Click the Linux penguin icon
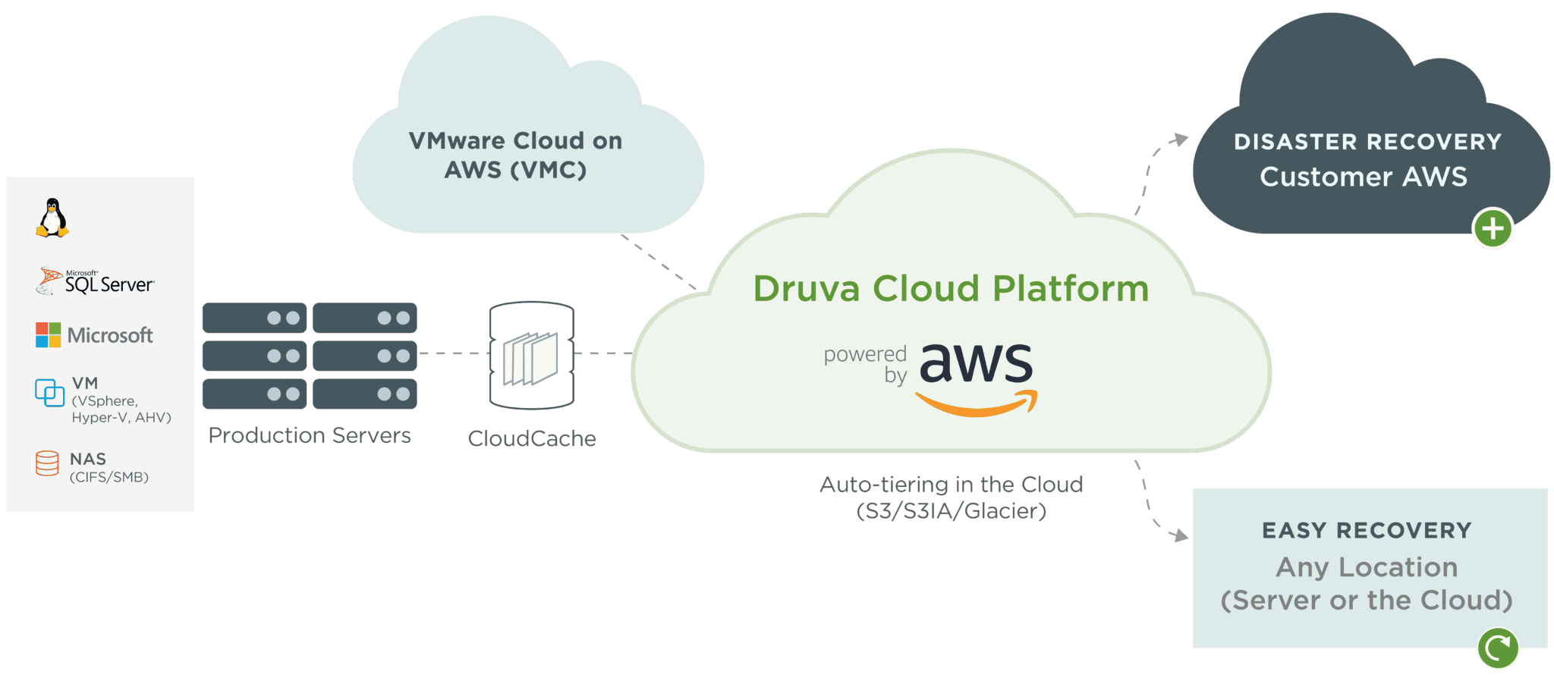(x=52, y=218)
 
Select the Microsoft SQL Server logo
(x=96, y=281)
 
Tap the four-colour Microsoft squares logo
(x=49, y=334)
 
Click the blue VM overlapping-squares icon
(x=50, y=392)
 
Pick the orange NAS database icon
(x=47, y=463)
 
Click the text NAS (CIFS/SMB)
(x=109, y=467)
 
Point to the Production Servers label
(x=310, y=435)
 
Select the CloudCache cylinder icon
(x=532, y=355)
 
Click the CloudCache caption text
(x=532, y=438)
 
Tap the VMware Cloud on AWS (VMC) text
(x=515, y=155)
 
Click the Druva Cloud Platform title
(x=951, y=289)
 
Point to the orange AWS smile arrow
(x=977, y=404)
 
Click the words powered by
(x=866, y=364)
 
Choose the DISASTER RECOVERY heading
(x=1367, y=142)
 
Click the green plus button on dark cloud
(x=1493, y=228)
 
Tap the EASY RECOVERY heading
(x=1367, y=530)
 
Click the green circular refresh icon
(x=1498, y=648)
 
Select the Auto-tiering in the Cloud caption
(x=952, y=498)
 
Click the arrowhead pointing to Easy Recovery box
(x=1180, y=536)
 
